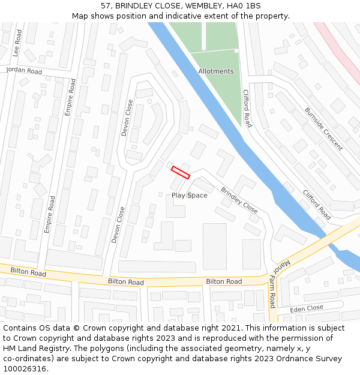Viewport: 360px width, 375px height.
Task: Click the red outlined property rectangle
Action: (181, 172)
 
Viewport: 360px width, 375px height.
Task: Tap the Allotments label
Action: (216, 71)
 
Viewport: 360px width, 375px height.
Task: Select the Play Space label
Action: (190, 196)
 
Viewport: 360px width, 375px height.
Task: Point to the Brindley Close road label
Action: (239, 200)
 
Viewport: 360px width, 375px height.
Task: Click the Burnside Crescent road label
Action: (324, 129)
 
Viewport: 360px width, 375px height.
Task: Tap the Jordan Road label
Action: (24, 71)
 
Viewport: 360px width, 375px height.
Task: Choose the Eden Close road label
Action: (307, 308)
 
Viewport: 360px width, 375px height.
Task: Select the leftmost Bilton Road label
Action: (28, 272)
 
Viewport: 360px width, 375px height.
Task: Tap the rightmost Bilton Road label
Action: (224, 281)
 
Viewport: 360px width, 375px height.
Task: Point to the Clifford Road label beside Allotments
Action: (247, 109)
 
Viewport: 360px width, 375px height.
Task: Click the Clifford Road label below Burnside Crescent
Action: (317, 205)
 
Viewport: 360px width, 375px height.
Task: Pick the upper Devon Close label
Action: (128, 118)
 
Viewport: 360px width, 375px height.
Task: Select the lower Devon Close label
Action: (118, 224)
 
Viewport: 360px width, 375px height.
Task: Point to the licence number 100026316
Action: (25, 369)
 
